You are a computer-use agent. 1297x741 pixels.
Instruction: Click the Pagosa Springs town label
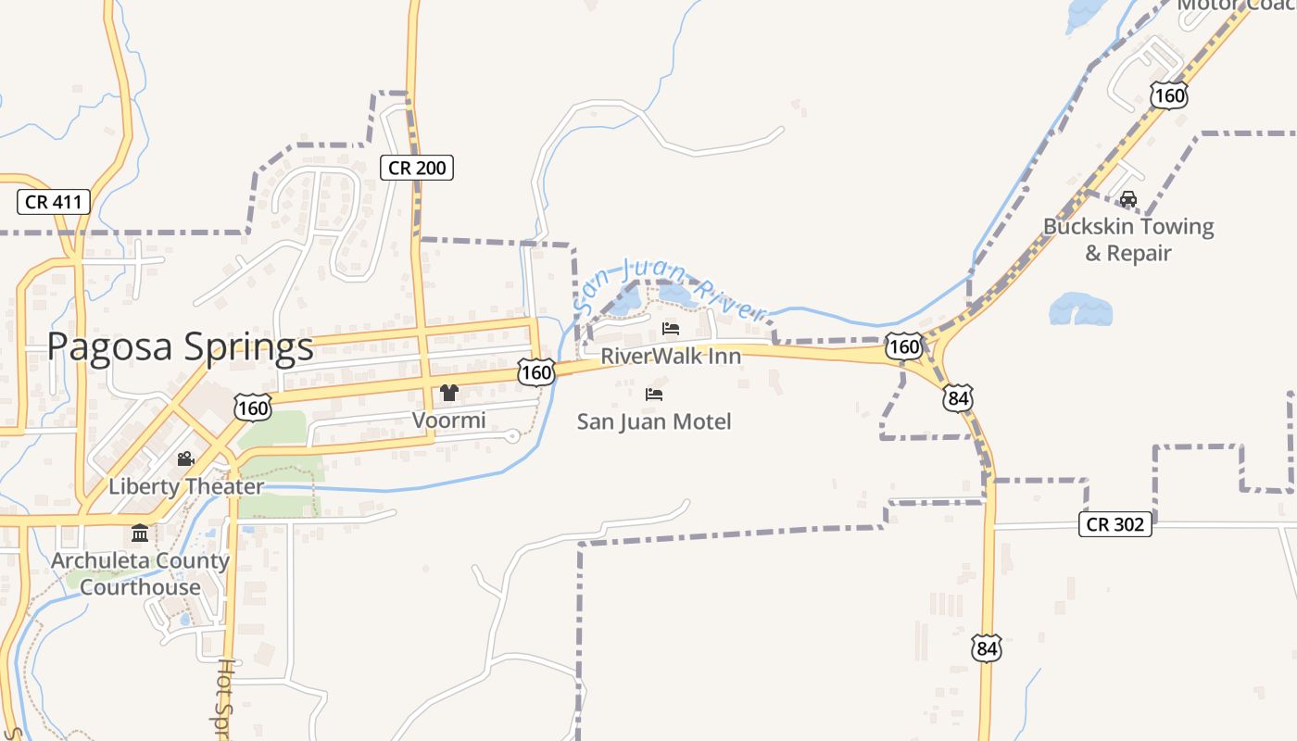click(181, 347)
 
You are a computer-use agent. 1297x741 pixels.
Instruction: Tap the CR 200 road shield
click(416, 168)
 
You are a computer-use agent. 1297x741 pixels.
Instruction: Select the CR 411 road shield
click(54, 202)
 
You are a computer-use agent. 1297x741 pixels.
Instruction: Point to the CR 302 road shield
click(1115, 524)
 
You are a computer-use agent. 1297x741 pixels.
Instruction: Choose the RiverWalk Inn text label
click(671, 356)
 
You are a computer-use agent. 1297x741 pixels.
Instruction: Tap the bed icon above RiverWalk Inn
click(671, 329)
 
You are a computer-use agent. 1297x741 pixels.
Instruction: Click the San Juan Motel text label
click(654, 421)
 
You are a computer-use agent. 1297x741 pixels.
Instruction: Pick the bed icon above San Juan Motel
click(654, 395)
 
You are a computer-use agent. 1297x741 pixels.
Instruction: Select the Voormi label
click(449, 421)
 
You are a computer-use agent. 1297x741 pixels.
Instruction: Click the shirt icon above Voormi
click(449, 393)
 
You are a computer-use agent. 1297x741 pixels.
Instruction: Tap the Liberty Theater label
click(186, 486)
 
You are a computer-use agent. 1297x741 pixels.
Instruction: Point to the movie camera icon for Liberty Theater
click(186, 458)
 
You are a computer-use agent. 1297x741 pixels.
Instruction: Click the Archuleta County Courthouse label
click(140, 573)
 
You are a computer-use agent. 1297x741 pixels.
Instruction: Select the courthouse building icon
click(140, 534)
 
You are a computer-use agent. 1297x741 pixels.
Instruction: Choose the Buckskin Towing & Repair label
click(1128, 239)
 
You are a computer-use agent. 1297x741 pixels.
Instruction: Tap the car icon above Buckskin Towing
click(1128, 199)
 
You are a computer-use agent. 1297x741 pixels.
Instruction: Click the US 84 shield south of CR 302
click(987, 648)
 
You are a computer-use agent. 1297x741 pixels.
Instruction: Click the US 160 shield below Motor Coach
click(1169, 95)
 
